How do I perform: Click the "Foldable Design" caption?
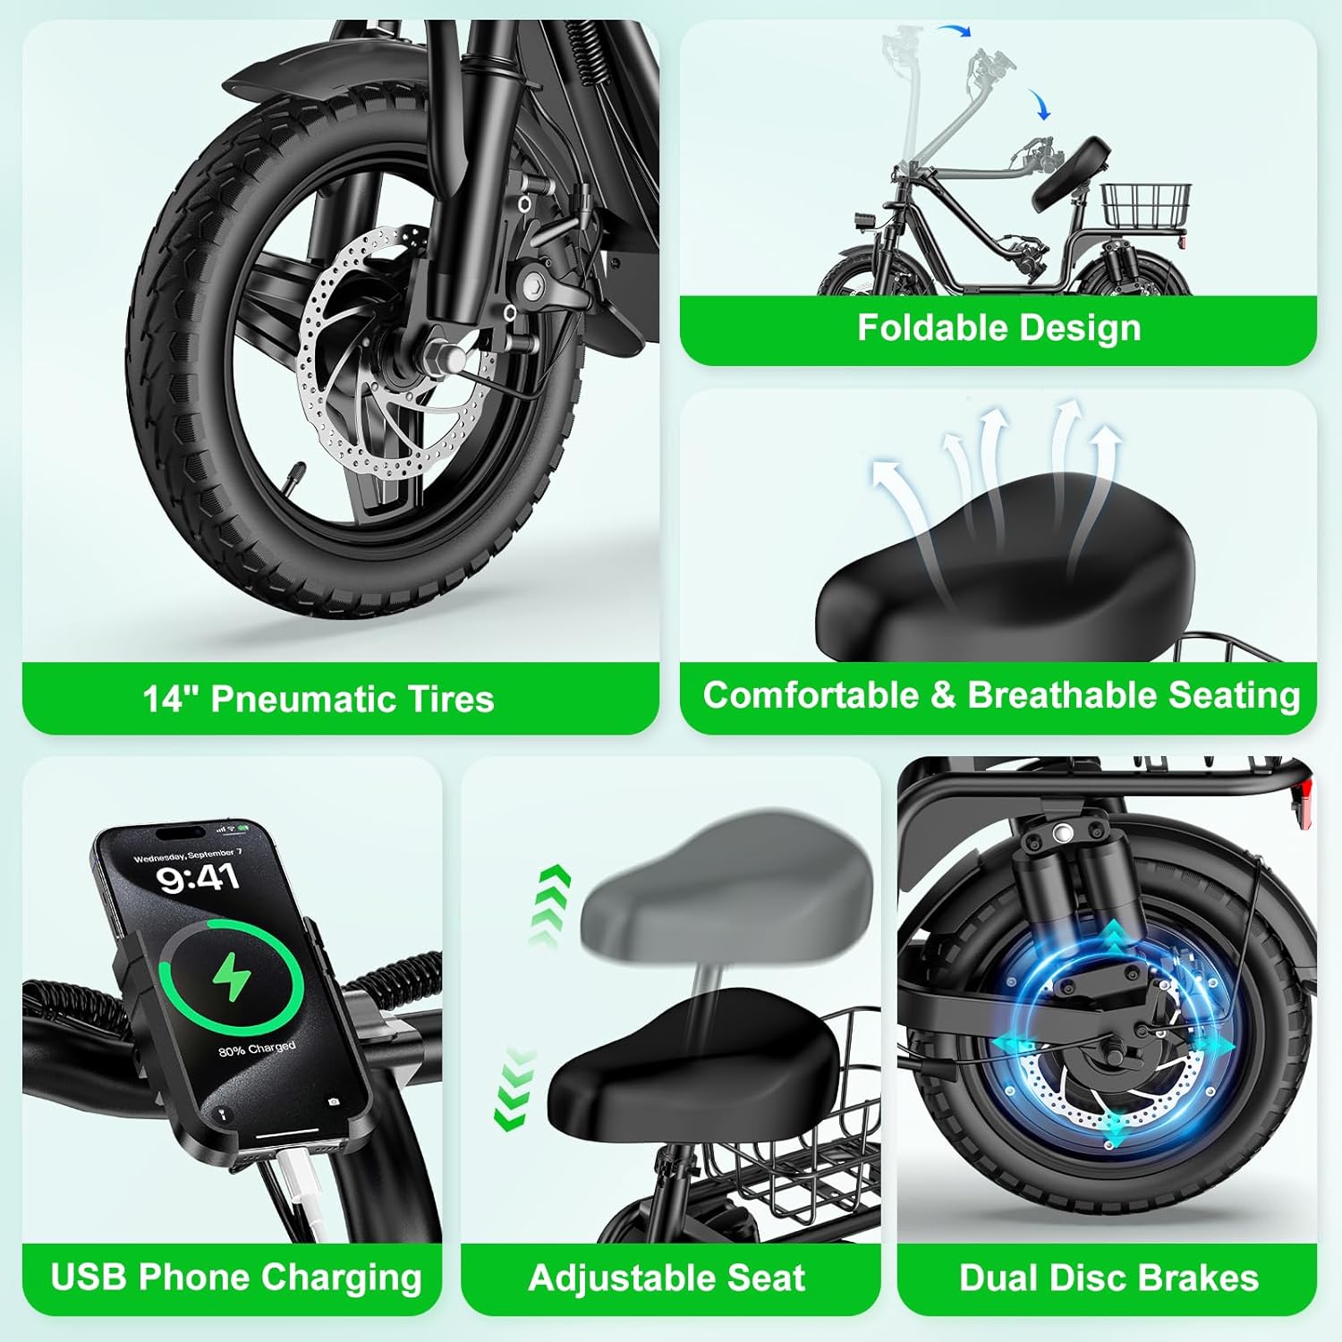click(x=998, y=328)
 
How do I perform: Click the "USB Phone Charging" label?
click(x=236, y=1277)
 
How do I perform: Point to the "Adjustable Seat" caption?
click(x=667, y=1278)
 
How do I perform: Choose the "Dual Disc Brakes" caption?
click(x=1108, y=1278)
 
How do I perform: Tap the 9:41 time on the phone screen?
click(x=199, y=878)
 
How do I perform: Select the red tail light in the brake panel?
click(x=1305, y=798)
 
